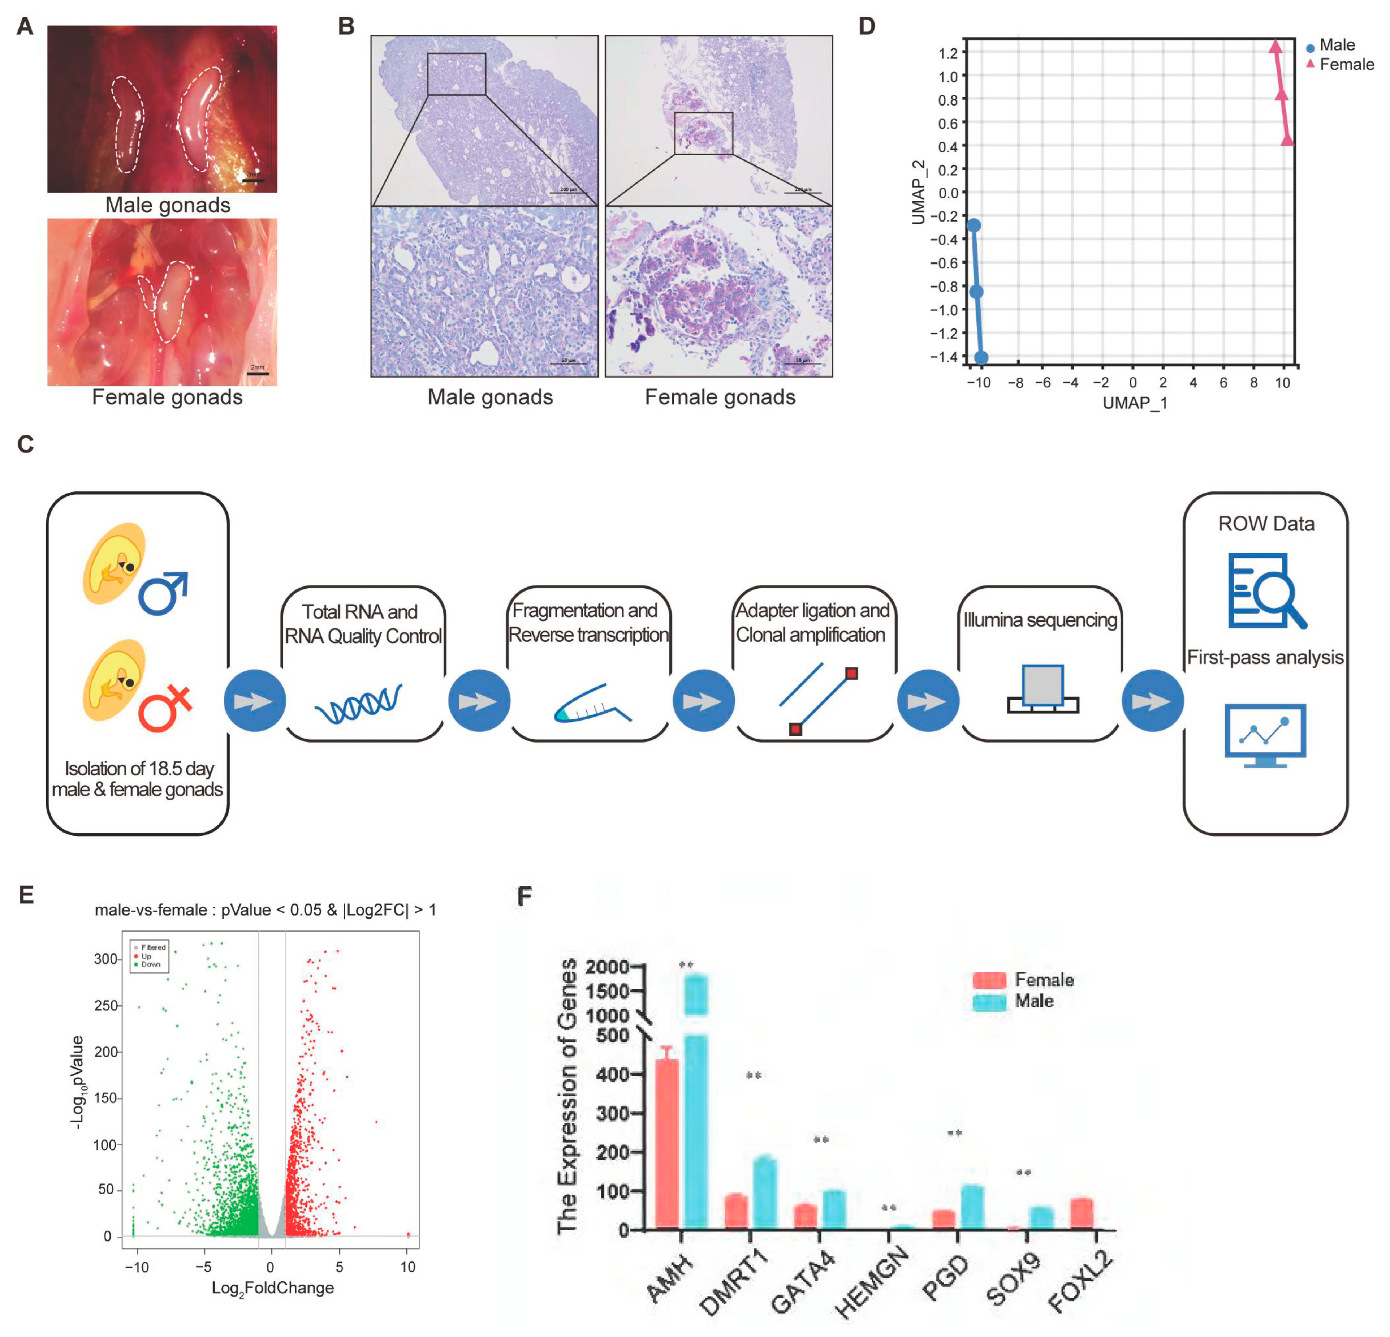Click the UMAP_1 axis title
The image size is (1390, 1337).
click(1135, 403)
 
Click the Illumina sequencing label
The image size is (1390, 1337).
click(1040, 620)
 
